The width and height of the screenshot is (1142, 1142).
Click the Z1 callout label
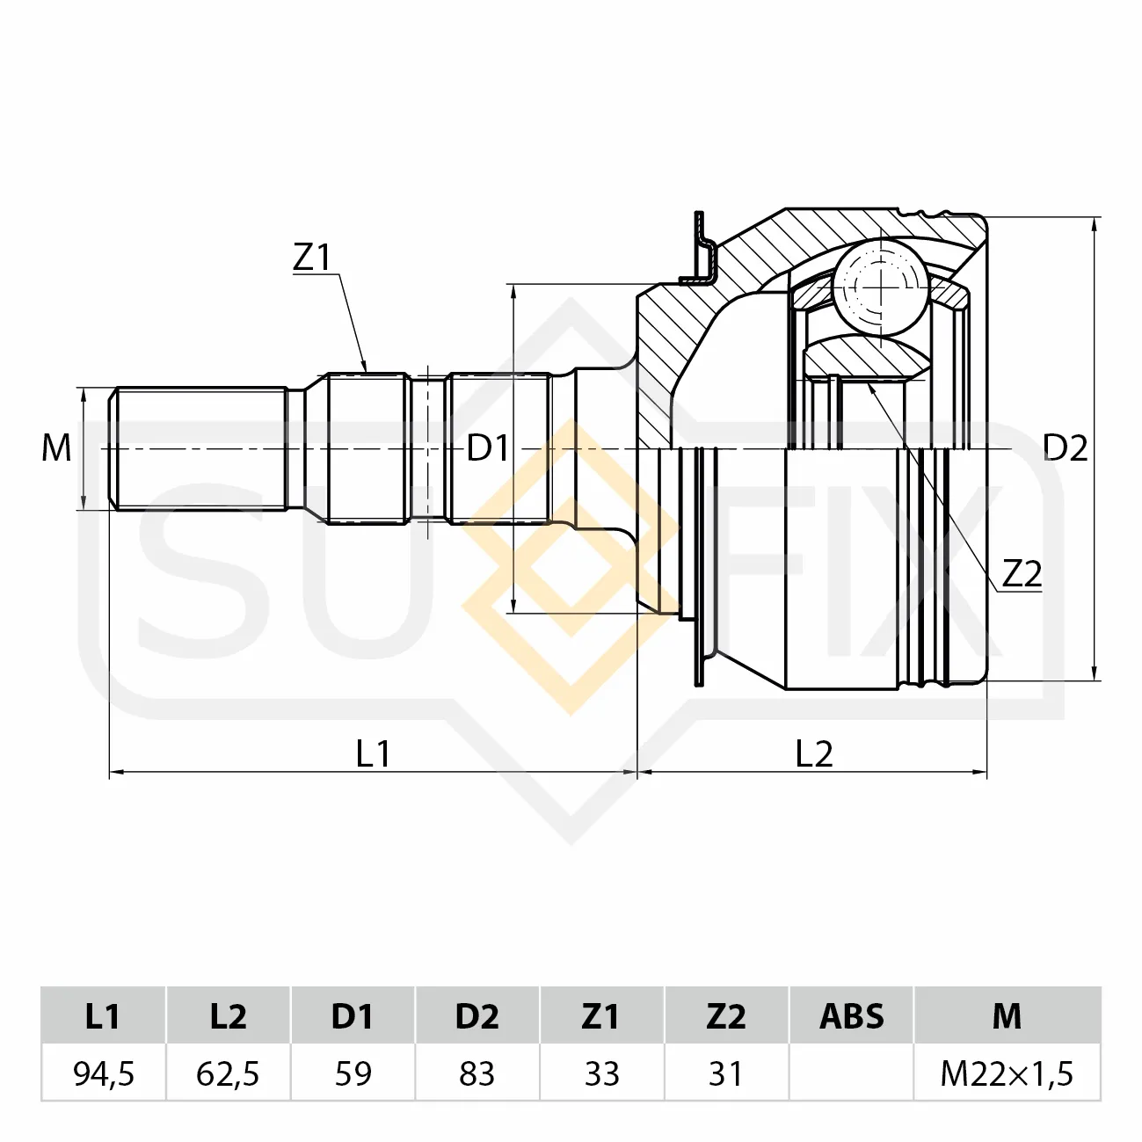[312, 258]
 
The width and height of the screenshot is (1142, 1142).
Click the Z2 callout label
[1022, 574]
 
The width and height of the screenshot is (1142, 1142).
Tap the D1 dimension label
[487, 447]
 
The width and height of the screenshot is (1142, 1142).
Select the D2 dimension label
[1065, 447]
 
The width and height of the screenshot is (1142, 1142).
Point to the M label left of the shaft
[56, 447]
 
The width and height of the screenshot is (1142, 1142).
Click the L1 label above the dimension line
[374, 753]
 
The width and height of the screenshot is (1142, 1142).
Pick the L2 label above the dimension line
[814, 753]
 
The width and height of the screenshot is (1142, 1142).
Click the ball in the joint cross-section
[881, 287]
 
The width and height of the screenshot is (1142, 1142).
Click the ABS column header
[852, 1015]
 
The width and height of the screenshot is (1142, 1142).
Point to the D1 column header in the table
[353, 1015]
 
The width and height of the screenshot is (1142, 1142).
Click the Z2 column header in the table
[726, 1015]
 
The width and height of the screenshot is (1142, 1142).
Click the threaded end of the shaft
[199, 448]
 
